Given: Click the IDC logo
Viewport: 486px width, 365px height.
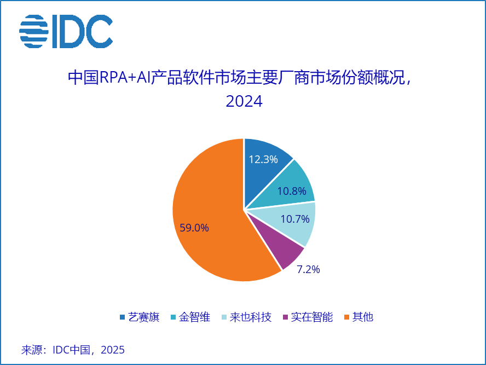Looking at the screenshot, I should [x=66, y=31].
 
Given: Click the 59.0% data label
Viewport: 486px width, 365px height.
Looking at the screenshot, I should [x=194, y=228].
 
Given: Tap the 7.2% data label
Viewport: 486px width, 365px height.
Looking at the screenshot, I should [x=308, y=269].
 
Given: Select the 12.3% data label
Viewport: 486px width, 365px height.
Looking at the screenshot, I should [x=263, y=159].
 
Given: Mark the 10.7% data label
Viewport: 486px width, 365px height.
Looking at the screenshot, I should [x=294, y=219].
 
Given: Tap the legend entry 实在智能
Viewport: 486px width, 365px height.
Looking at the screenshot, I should [x=311, y=317].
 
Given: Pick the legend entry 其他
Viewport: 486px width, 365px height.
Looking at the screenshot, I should [x=362, y=317].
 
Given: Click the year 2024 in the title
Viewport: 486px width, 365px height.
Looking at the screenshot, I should [x=244, y=101].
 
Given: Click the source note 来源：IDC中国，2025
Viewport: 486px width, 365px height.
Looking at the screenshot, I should [x=73, y=350].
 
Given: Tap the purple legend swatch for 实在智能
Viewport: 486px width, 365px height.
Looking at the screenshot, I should [x=285, y=317].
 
